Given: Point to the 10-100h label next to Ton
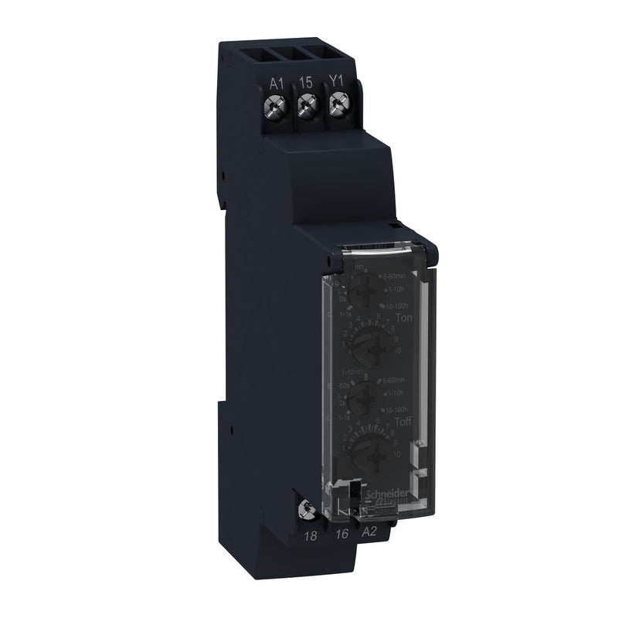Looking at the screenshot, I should (x=403, y=306).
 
